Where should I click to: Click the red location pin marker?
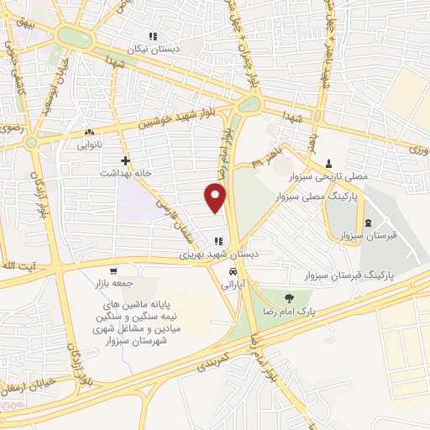click(217, 197)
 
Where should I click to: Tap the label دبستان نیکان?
click(152, 50)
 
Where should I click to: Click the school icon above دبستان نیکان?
click(152, 36)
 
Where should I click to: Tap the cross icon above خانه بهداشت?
click(126, 160)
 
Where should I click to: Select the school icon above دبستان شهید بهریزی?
click(218, 242)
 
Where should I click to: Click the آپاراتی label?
click(232, 286)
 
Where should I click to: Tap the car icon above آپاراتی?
click(233, 272)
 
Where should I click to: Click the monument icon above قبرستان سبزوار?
click(370, 223)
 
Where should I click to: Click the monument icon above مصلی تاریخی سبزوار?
click(328, 163)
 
